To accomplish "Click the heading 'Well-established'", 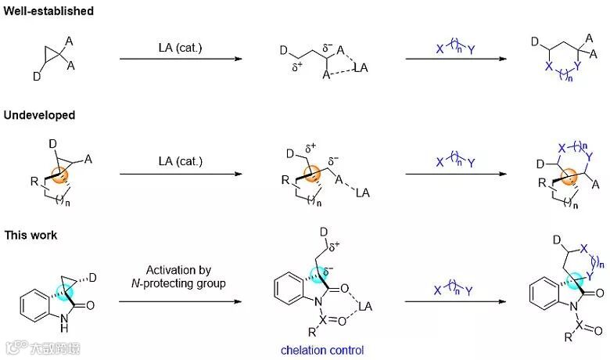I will point(48,11).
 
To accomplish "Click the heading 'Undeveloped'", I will point(40,115).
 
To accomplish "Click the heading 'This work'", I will point(30,235).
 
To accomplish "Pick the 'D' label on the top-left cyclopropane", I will point(35,77).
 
